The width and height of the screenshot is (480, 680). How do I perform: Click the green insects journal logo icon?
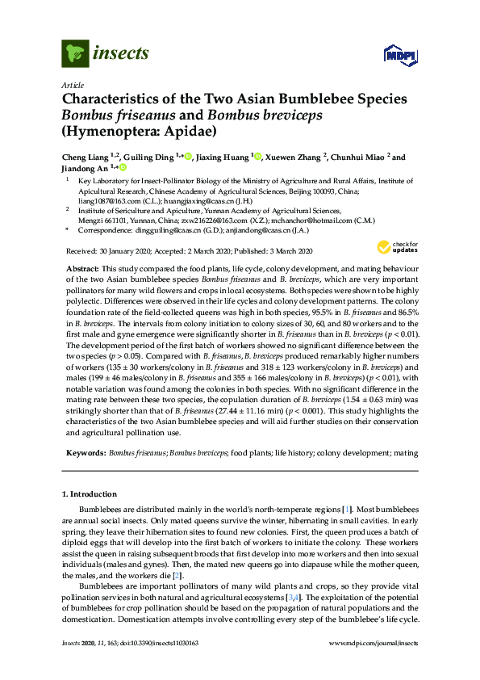pos(75,54)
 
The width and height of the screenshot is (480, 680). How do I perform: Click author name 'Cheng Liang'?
pos(86,157)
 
